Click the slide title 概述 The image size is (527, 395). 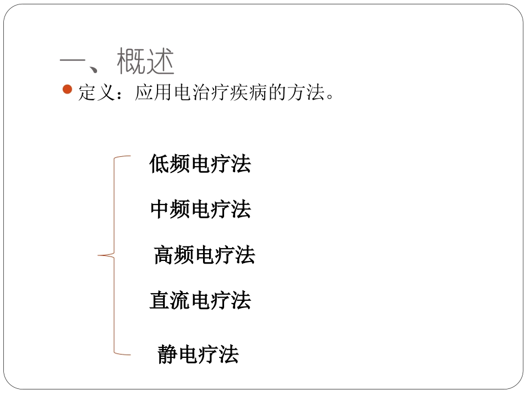[x=146, y=61]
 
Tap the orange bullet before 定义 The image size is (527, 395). [x=68, y=90]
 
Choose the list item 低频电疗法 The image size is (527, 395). [x=200, y=164]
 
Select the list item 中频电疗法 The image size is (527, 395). [x=200, y=209]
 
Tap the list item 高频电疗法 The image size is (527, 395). [x=204, y=255]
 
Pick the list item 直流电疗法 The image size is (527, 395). [x=200, y=301]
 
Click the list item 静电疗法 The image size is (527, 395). [x=198, y=354]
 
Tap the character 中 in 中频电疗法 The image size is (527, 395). [x=160, y=209]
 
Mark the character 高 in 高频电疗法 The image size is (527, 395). [x=164, y=255]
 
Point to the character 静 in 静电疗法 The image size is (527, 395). [x=168, y=354]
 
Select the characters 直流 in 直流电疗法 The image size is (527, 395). [x=170, y=301]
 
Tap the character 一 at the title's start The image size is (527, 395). [x=74, y=61]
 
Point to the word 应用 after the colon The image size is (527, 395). [x=154, y=93]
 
